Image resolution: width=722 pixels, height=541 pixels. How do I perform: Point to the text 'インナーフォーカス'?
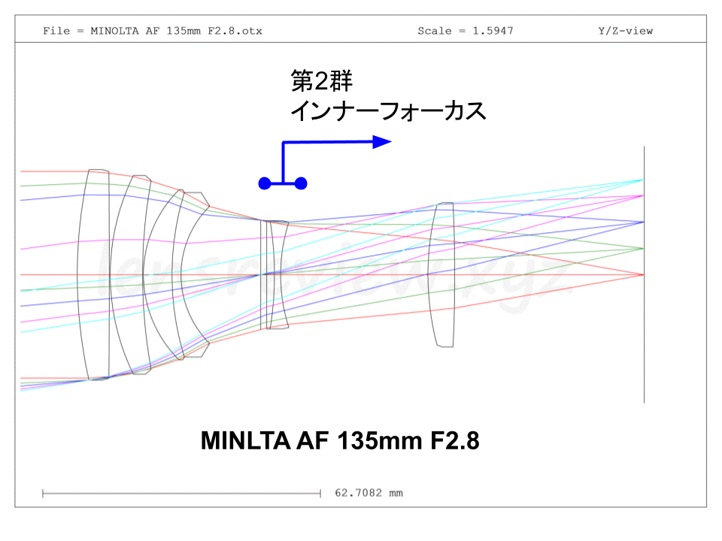point(388,111)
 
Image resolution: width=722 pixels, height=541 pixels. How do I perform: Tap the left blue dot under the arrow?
point(264,183)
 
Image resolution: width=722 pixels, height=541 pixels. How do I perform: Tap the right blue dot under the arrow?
point(301,183)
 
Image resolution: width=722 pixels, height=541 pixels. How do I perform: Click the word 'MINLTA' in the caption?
point(240,440)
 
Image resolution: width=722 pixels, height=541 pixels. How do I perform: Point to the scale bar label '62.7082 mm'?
point(369,493)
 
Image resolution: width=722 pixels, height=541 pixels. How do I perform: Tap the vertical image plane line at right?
point(644,338)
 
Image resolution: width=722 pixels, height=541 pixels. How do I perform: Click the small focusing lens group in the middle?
point(274,275)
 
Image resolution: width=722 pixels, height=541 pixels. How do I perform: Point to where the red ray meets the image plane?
point(643,275)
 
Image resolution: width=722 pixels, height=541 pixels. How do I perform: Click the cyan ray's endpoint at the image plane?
point(643,180)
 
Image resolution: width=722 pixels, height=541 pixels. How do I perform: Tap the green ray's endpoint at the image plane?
point(643,248)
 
